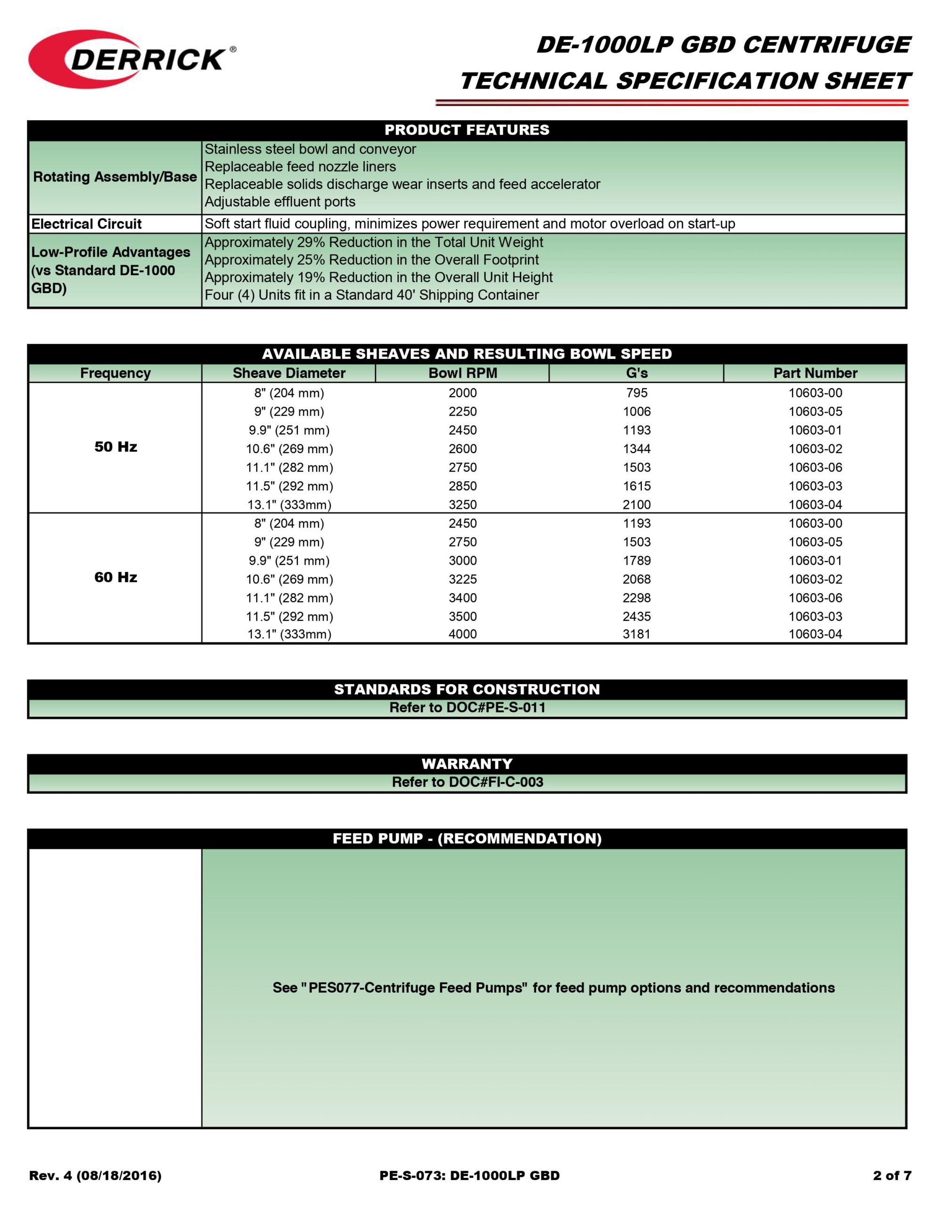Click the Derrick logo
coord(131,58)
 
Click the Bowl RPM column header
coord(462,373)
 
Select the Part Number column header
coord(815,373)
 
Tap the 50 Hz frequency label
coord(115,447)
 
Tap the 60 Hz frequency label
coord(115,578)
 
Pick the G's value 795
coord(637,393)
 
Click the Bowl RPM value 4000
coord(462,635)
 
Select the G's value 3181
coord(637,635)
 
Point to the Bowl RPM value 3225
coord(462,579)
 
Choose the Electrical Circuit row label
coord(87,224)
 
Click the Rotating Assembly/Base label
coord(115,177)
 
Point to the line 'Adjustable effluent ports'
coord(279,202)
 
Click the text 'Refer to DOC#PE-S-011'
coord(467,708)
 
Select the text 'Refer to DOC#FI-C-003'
coord(467,782)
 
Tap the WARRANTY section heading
coord(467,764)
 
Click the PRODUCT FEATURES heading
coord(467,130)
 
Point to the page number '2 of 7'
coord(891,1176)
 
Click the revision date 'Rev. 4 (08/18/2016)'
coord(95,1176)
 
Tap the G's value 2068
coord(637,579)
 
